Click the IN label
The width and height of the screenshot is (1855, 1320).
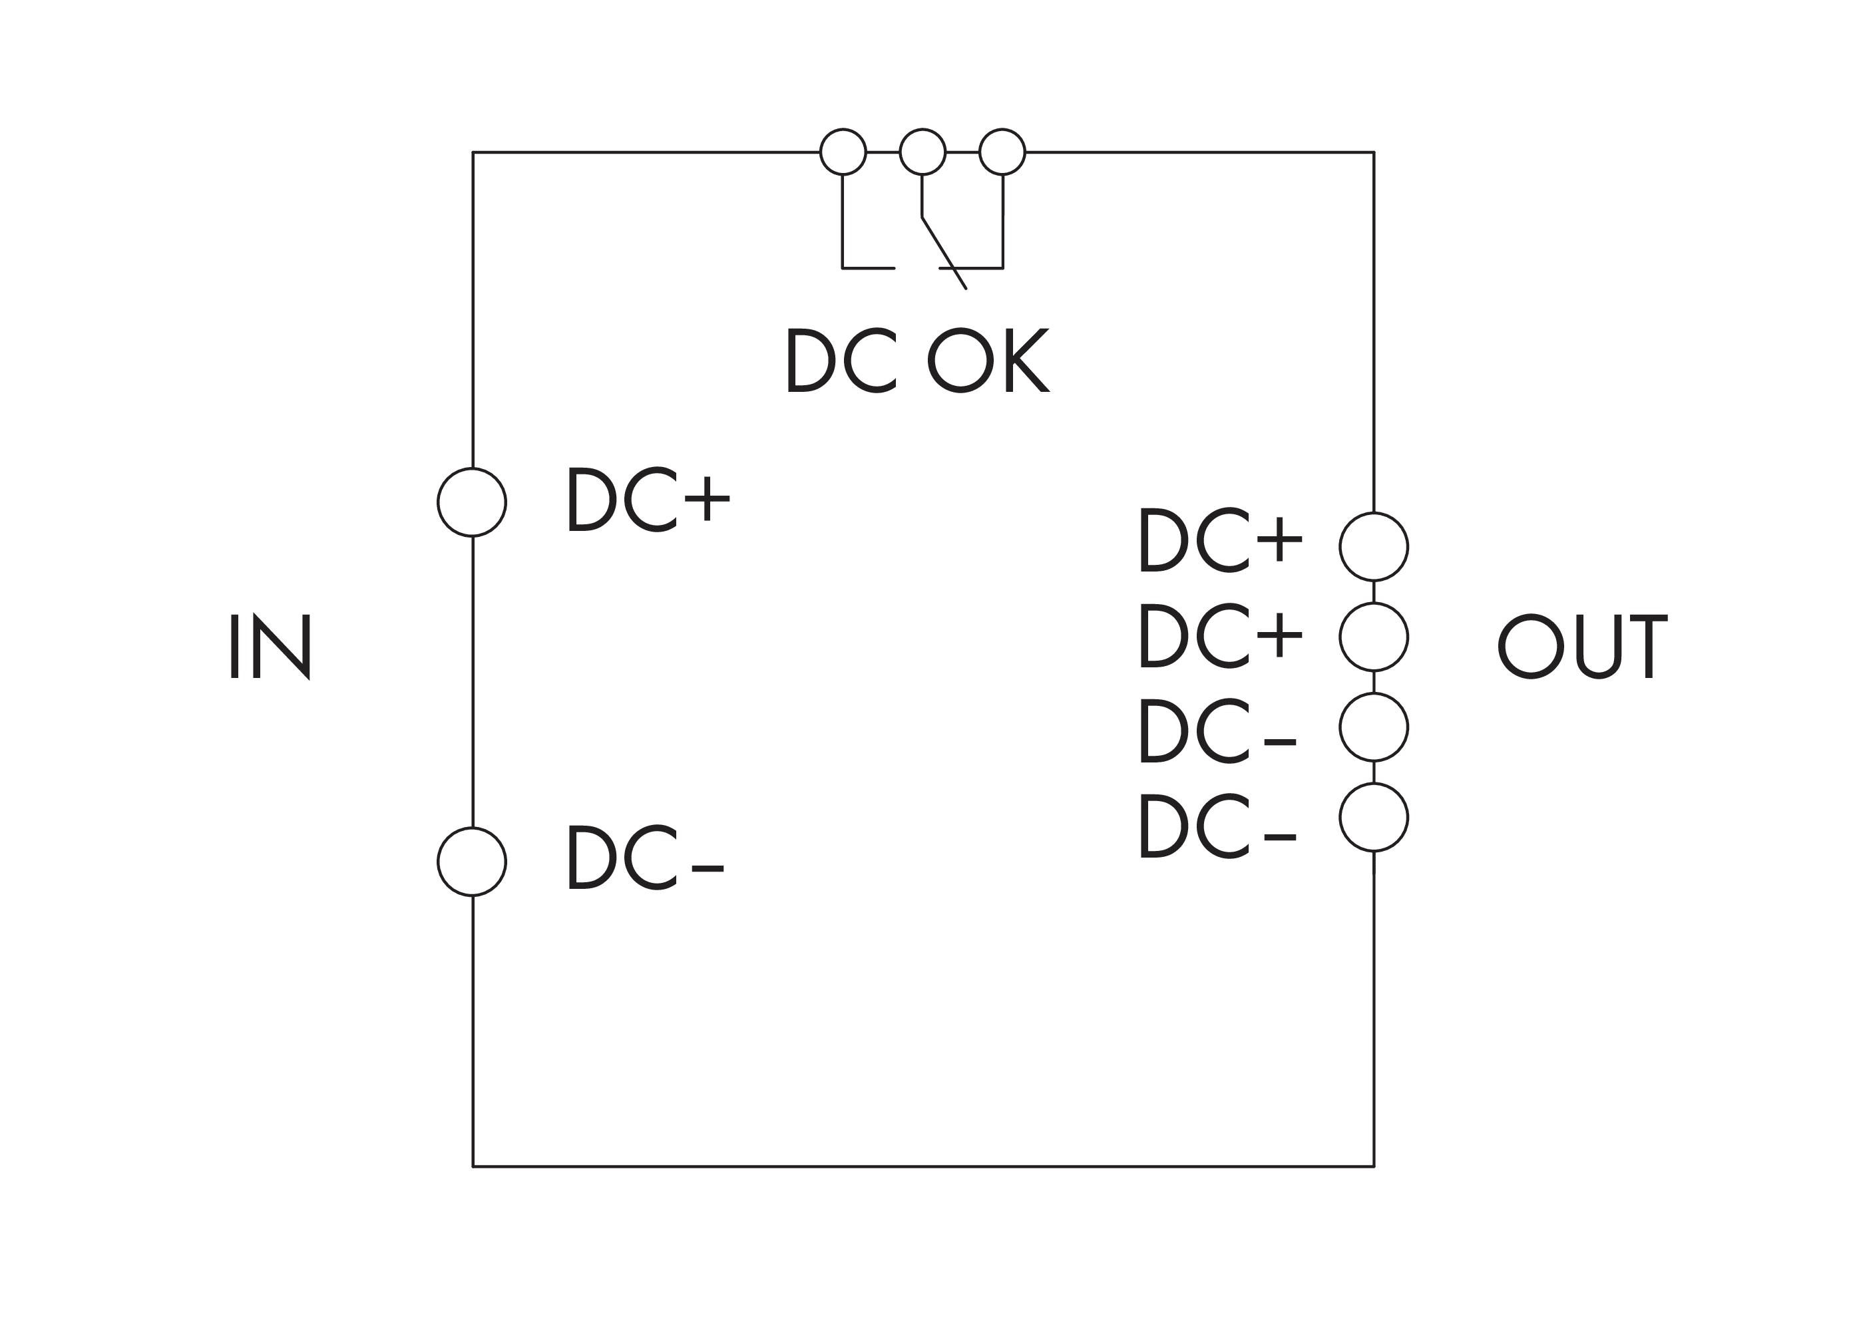(x=270, y=647)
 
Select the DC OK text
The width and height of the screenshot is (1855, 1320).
(x=917, y=361)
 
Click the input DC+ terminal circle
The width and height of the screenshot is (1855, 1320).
(x=472, y=502)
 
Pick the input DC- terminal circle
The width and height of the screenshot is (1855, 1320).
(x=472, y=862)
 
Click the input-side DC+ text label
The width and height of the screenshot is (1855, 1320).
(x=649, y=499)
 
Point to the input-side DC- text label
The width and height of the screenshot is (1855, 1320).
(x=646, y=858)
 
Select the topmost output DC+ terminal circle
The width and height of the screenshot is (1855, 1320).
(x=1374, y=547)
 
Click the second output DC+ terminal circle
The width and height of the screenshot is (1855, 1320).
(x=1374, y=637)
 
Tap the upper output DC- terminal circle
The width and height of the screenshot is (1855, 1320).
(x=1374, y=727)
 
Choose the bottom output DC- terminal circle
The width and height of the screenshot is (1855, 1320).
(x=1374, y=818)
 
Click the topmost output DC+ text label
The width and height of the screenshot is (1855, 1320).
(x=1221, y=540)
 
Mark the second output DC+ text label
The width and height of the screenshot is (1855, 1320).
(x=1221, y=635)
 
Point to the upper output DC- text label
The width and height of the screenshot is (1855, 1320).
(x=1218, y=731)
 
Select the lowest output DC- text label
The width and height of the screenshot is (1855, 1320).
(x=1218, y=826)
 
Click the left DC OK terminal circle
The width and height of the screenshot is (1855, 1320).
(x=843, y=152)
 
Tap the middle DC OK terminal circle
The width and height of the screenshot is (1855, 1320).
(x=923, y=152)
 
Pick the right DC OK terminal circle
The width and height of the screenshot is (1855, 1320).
(x=1002, y=152)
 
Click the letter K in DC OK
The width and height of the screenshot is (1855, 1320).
(x=1027, y=361)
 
